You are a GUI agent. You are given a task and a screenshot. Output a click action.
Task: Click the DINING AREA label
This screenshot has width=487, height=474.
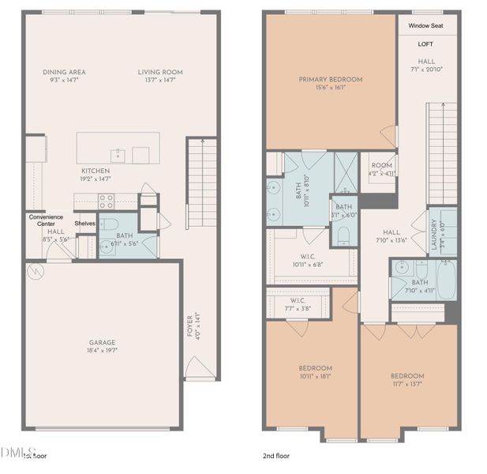(x=65, y=72)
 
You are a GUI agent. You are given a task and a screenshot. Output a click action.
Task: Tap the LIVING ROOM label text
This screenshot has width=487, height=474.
(x=160, y=72)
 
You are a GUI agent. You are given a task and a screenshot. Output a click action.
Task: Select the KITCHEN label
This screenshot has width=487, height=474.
(x=96, y=171)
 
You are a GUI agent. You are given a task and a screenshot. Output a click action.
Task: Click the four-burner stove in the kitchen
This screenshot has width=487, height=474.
(x=106, y=201)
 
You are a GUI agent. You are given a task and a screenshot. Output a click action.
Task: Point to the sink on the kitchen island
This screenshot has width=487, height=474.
(x=118, y=152)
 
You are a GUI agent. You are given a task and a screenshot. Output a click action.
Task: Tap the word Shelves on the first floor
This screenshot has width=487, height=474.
(x=85, y=224)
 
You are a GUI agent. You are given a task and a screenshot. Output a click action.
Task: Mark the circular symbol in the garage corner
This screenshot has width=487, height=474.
(x=34, y=273)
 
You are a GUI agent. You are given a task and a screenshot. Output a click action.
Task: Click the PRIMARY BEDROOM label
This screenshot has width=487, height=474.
(x=330, y=80)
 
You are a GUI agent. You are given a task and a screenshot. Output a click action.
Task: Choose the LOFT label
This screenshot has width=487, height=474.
(x=426, y=43)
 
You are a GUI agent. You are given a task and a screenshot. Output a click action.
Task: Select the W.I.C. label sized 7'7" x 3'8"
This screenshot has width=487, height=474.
(x=298, y=300)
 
